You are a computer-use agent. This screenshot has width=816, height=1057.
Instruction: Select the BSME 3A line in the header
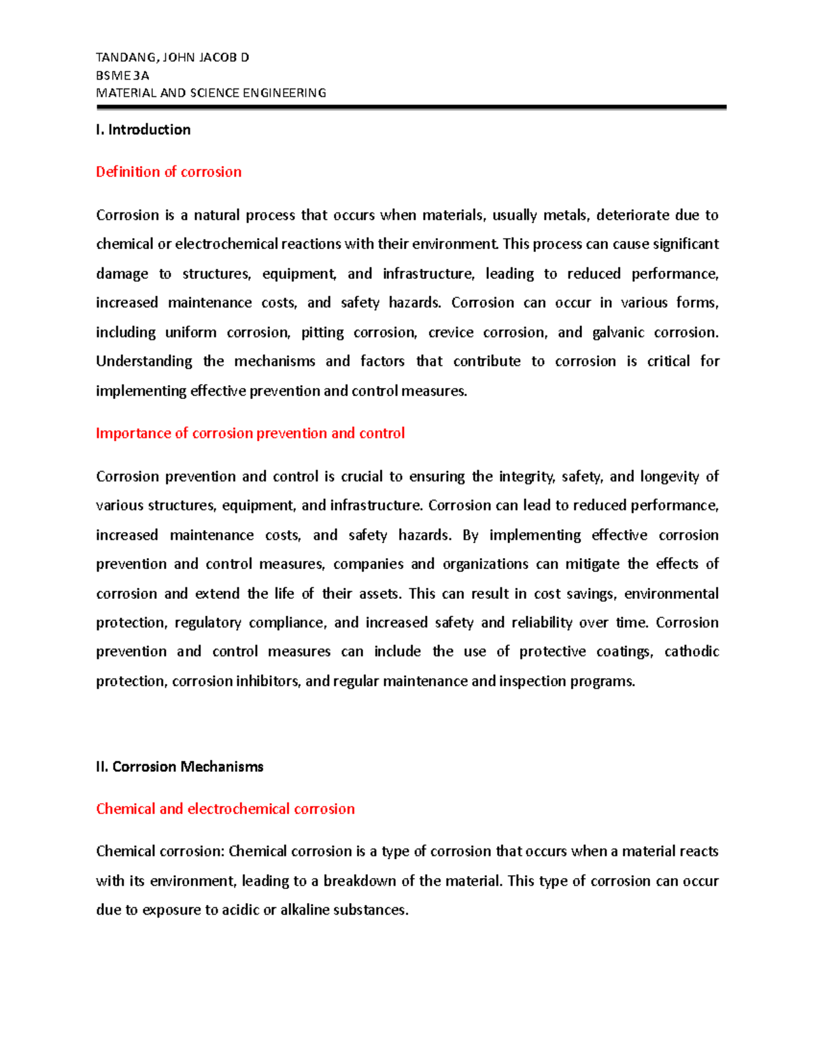click(x=122, y=76)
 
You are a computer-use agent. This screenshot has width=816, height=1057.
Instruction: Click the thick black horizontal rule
click(x=411, y=108)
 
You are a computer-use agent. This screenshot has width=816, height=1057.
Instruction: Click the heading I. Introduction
click(x=143, y=130)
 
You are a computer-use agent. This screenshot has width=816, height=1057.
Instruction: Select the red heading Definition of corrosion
click(x=169, y=172)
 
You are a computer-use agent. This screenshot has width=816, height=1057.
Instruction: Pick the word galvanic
click(x=618, y=333)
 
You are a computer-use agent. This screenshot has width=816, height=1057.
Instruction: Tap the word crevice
click(x=450, y=333)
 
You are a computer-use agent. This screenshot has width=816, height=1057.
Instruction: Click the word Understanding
click(x=143, y=361)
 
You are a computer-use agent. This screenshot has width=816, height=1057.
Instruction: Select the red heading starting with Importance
click(x=250, y=434)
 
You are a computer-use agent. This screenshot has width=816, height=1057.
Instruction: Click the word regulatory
click(x=207, y=623)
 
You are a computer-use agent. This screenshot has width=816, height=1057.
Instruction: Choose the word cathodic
click(x=691, y=652)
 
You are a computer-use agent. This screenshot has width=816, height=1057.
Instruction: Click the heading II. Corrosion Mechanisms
click(x=180, y=767)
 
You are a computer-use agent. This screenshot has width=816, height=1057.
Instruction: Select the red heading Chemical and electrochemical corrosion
click(x=225, y=809)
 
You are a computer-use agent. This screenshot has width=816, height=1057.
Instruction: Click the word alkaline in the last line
click(x=304, y=911)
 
